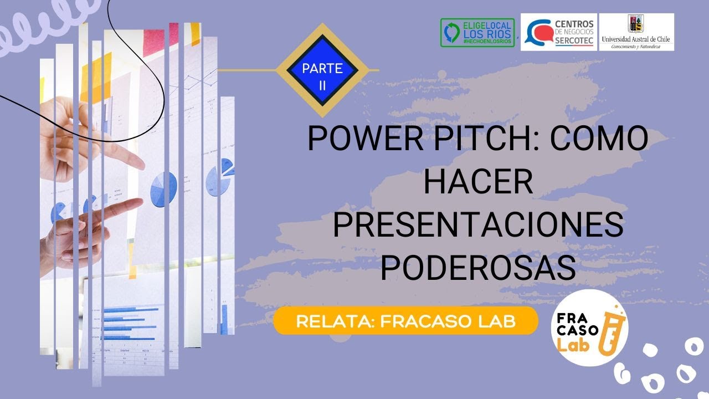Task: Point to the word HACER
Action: coord(478,182)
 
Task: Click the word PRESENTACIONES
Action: coord(478,226)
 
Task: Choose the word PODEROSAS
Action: coord(478,269)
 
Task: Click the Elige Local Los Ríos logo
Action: coord(477,33)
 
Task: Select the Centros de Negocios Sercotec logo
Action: coord(558,32)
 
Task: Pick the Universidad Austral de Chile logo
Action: coord(637,32)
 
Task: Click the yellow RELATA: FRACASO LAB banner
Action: coord(405,322)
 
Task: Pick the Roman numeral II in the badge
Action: coord(322,84)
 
